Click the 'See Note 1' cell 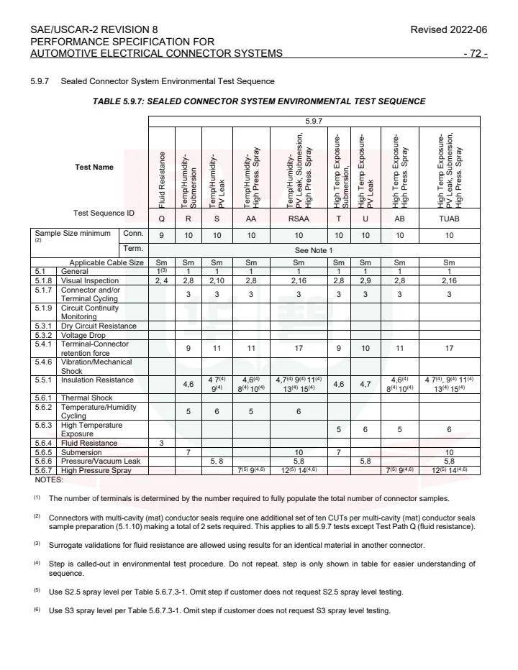[x=314, y=249]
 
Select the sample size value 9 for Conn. [x=161, y=235]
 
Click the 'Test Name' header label [x=94, y=167]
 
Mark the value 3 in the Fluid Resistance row [x=161, y=443]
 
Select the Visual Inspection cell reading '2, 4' [x=161, y=281]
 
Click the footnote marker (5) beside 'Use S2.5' [x=36, y=591]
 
